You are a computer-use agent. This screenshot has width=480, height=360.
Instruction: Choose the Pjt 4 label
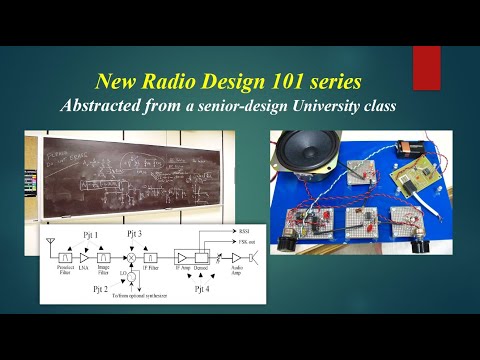pos(200,289)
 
